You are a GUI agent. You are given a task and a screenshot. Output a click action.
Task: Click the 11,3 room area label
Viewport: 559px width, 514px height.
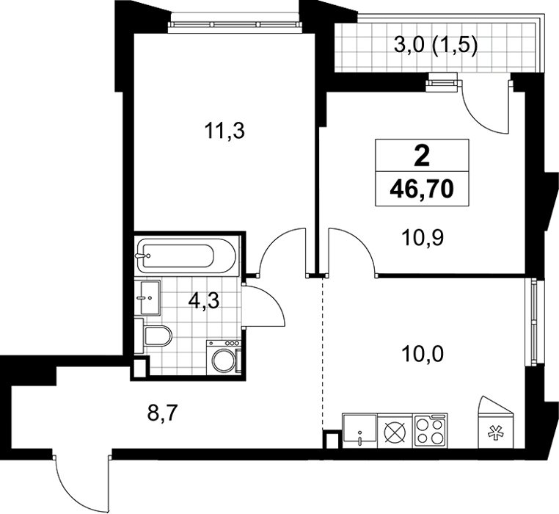(x=224, y=131)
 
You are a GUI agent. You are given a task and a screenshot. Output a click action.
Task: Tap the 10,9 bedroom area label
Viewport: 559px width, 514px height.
(x=423, y=238)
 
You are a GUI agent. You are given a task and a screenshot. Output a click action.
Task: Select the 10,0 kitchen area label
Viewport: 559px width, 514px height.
(x=423, y=354)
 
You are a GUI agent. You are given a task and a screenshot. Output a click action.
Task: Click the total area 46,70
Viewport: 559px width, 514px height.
(x=422, y=189)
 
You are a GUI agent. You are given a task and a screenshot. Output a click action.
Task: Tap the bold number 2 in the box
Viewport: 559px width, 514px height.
(x=422, y=156)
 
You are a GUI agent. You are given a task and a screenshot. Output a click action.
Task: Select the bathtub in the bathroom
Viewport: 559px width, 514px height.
(x=186, y=256)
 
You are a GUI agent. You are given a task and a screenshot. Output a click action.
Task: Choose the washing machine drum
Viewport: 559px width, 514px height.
(x=223, y=360)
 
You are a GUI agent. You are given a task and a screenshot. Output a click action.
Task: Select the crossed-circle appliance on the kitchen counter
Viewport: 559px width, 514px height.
(x=395, y=432)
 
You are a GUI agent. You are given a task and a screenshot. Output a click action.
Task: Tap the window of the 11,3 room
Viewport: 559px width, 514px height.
(x=234, y=24)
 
